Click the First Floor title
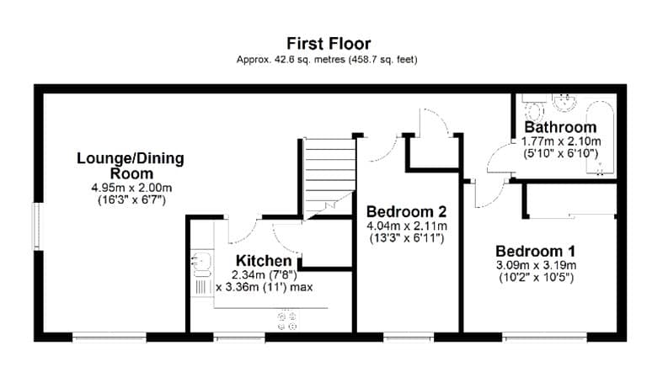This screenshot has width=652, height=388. coord(329,43)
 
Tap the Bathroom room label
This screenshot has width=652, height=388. coord(560,127)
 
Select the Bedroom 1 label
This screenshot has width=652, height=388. coord(536,252)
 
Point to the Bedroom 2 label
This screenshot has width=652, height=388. coord(406,212)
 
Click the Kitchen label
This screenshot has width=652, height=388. coord(264,261)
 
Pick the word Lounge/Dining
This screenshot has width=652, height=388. coord(131,159)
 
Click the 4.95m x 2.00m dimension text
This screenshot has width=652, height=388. coord(131,188)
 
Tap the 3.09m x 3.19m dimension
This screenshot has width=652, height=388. coord(536,265)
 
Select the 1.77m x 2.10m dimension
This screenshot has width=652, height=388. coord(561,141)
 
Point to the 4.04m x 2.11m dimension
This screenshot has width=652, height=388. coord(407,226)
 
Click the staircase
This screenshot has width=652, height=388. coord(329,178)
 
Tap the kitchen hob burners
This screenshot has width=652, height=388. coord(287,322)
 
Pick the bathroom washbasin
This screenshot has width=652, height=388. coord(564,102)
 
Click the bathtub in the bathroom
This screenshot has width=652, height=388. coord(600,136)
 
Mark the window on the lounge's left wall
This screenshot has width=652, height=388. coord(37,226)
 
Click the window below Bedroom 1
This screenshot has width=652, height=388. coord(544,337)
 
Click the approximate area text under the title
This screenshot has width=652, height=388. coord(327,60)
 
